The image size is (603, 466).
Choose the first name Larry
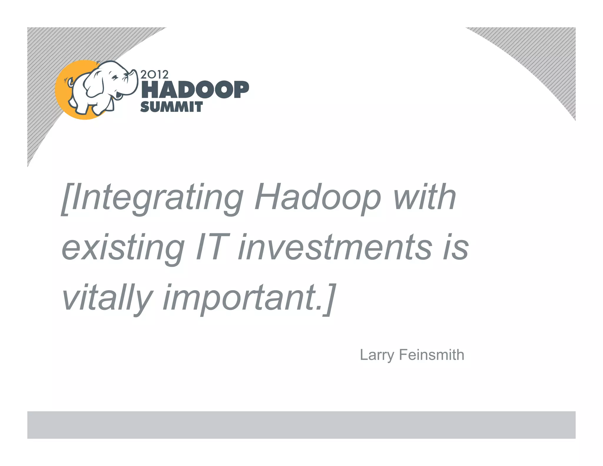(377, 355)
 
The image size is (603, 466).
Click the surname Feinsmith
(431, 355)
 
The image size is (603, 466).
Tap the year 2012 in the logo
(154, 75)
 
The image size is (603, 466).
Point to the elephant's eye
(114, 77)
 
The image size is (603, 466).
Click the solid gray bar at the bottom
(301, 425)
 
